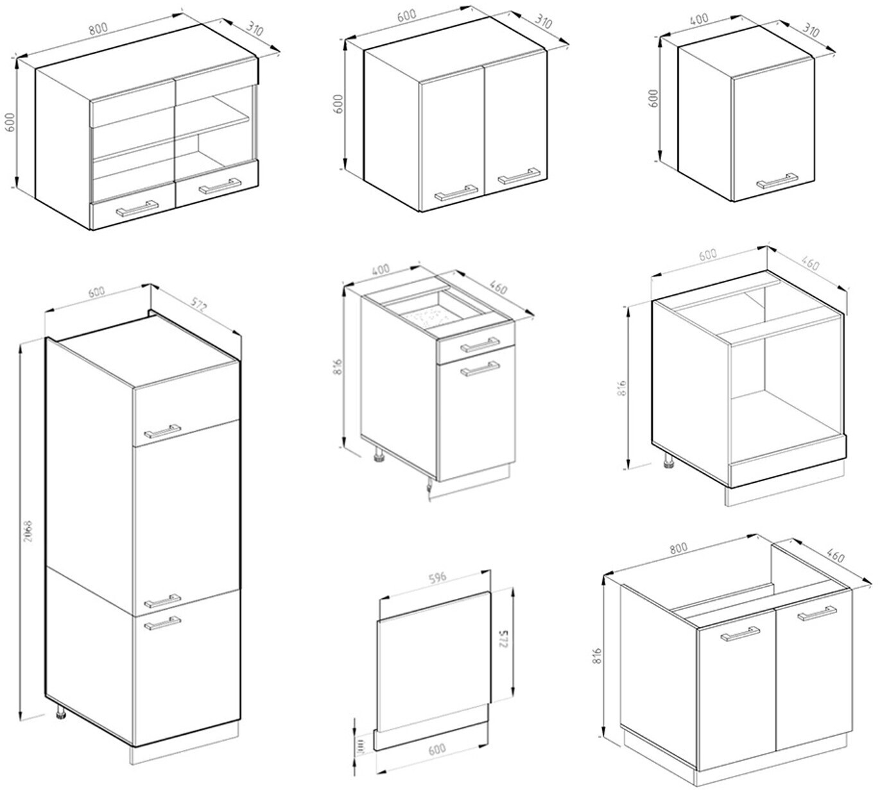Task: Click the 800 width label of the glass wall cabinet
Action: click(x=98, y=28)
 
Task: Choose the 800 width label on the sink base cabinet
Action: click(x=678, y=547)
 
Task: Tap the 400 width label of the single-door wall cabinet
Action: click(x=699, y=19)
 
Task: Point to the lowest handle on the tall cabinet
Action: click(x=162, y=623)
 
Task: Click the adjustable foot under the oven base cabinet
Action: click(x=668, y=462)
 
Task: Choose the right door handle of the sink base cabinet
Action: click(x=817, y=614)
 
